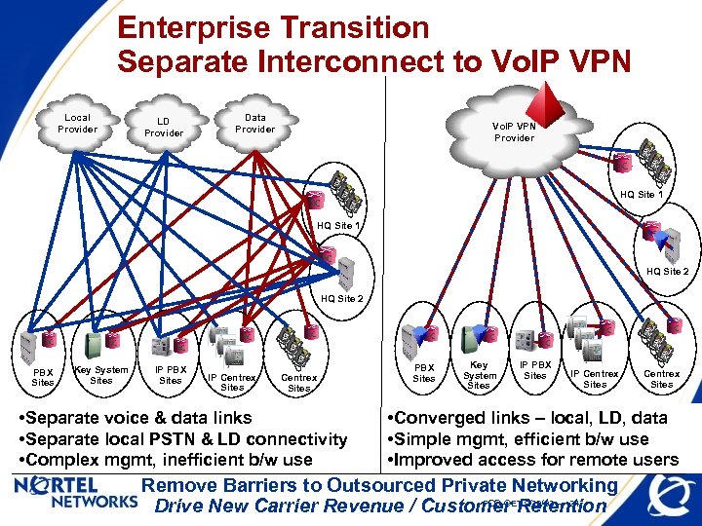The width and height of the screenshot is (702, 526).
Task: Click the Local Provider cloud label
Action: click(x=77, y=123)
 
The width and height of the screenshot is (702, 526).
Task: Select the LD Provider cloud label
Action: click(x=163, y=127)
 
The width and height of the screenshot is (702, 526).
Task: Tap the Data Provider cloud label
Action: click(x=254, y=123)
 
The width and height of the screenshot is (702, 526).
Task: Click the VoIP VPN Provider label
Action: click(x=514, y=131)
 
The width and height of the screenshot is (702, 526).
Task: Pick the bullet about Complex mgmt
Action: click(x=166, y=459)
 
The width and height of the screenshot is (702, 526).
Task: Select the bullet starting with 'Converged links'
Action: click(x=527, y=418)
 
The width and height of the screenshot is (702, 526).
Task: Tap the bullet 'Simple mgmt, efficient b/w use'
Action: click(x=518, y=438)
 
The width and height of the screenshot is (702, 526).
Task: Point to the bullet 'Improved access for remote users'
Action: click(x=532, y=459)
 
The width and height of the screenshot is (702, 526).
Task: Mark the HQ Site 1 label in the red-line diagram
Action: click(x=641, y=195)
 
